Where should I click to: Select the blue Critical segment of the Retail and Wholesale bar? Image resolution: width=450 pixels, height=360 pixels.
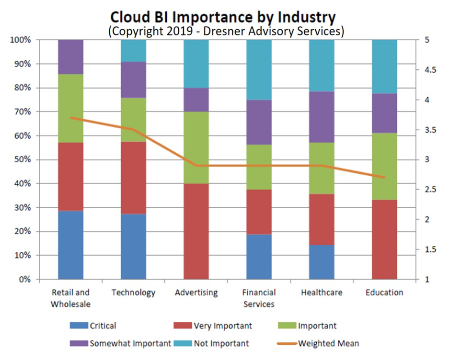[x=70, y=245]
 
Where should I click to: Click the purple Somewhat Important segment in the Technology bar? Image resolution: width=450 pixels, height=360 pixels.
[x=133, y=79]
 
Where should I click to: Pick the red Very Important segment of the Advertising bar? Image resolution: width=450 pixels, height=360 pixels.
[x=196, y=231]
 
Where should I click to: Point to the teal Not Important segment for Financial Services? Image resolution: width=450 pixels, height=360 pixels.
[x=259, y=69]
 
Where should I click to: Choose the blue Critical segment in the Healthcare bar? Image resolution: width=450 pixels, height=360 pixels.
[x=322, y=262]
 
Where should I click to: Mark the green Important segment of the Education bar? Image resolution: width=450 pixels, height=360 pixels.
[x=384, y=166]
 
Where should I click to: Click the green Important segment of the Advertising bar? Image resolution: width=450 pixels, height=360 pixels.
[x=196, y=147]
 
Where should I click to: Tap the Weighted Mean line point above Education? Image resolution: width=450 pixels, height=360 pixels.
[x=384, y=177]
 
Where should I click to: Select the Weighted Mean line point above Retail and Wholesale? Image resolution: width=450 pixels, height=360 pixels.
[x=70, y=118]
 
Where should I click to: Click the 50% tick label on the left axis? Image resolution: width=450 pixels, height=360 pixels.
[x=22, y=159]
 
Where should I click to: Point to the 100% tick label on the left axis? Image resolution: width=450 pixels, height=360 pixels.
[x=20, y=40]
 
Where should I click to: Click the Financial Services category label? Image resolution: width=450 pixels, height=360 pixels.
[x=259, y=298]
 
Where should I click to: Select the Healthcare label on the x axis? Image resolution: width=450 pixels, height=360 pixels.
[x=322, y=292]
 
